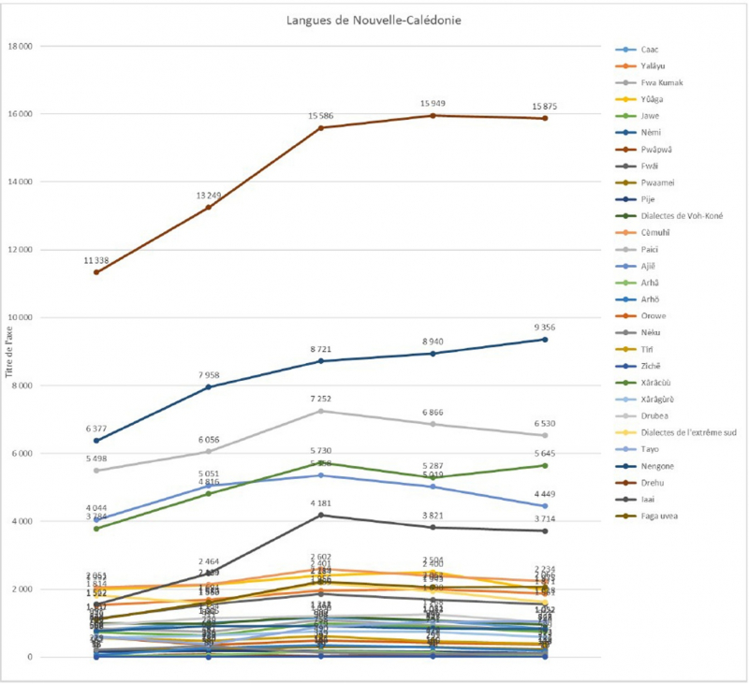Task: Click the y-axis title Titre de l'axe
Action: pyautogui.click(x=8, y=352)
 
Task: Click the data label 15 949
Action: pyautogui.click(x=433, y=103)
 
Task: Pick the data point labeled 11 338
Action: pyautogui.click(x=96, y=272)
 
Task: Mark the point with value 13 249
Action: pyautogui.click(x=209, y=207)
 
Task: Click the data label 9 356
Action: pyautogui.click(x=545, y=327)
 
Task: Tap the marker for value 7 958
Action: pyautogui.click(x=209, y=386)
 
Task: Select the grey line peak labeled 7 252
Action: pyautogui.click(x=320, y=411)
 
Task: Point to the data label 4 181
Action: pyautogui.click(x=320, y=502)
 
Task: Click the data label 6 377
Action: pyautogui.click(x=96, y=429)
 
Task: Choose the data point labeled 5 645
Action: pyautogui.click(x=545, y=465)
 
